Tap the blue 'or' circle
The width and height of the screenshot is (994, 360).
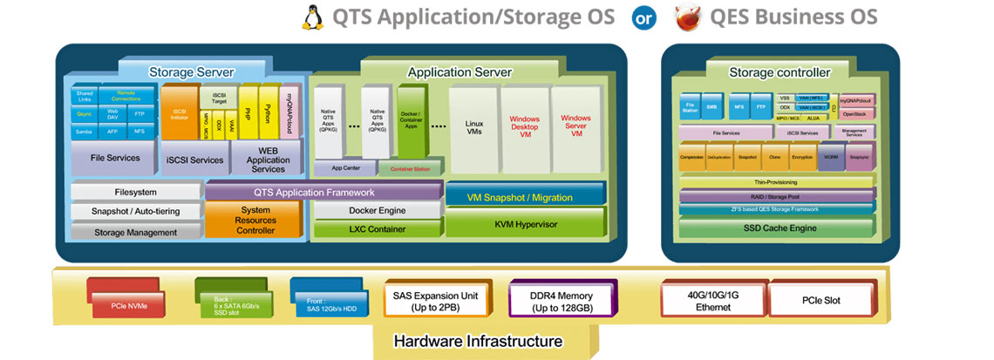pyautogui.click(x=644, y=17)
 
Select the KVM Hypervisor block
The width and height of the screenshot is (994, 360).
pyautogui.click(x=526, y=224)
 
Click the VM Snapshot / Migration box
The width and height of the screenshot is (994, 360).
pyautogui.click(x=526, y=197)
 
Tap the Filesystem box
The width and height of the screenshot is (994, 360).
pyautogui.click(x=135, y=192)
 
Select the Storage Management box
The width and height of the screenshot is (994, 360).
pyautogui.click(x=135, y=232)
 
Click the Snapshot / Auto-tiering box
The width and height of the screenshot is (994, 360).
pyautogui.click(x=135, y=212)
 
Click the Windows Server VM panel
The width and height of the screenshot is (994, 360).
pyautogui.click(x=575, y=127)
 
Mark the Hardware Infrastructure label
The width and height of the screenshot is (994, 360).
pyautogui.click(x=478, y=341)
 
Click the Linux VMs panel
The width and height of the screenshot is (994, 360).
pyautogui.click(x=473, y=127)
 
